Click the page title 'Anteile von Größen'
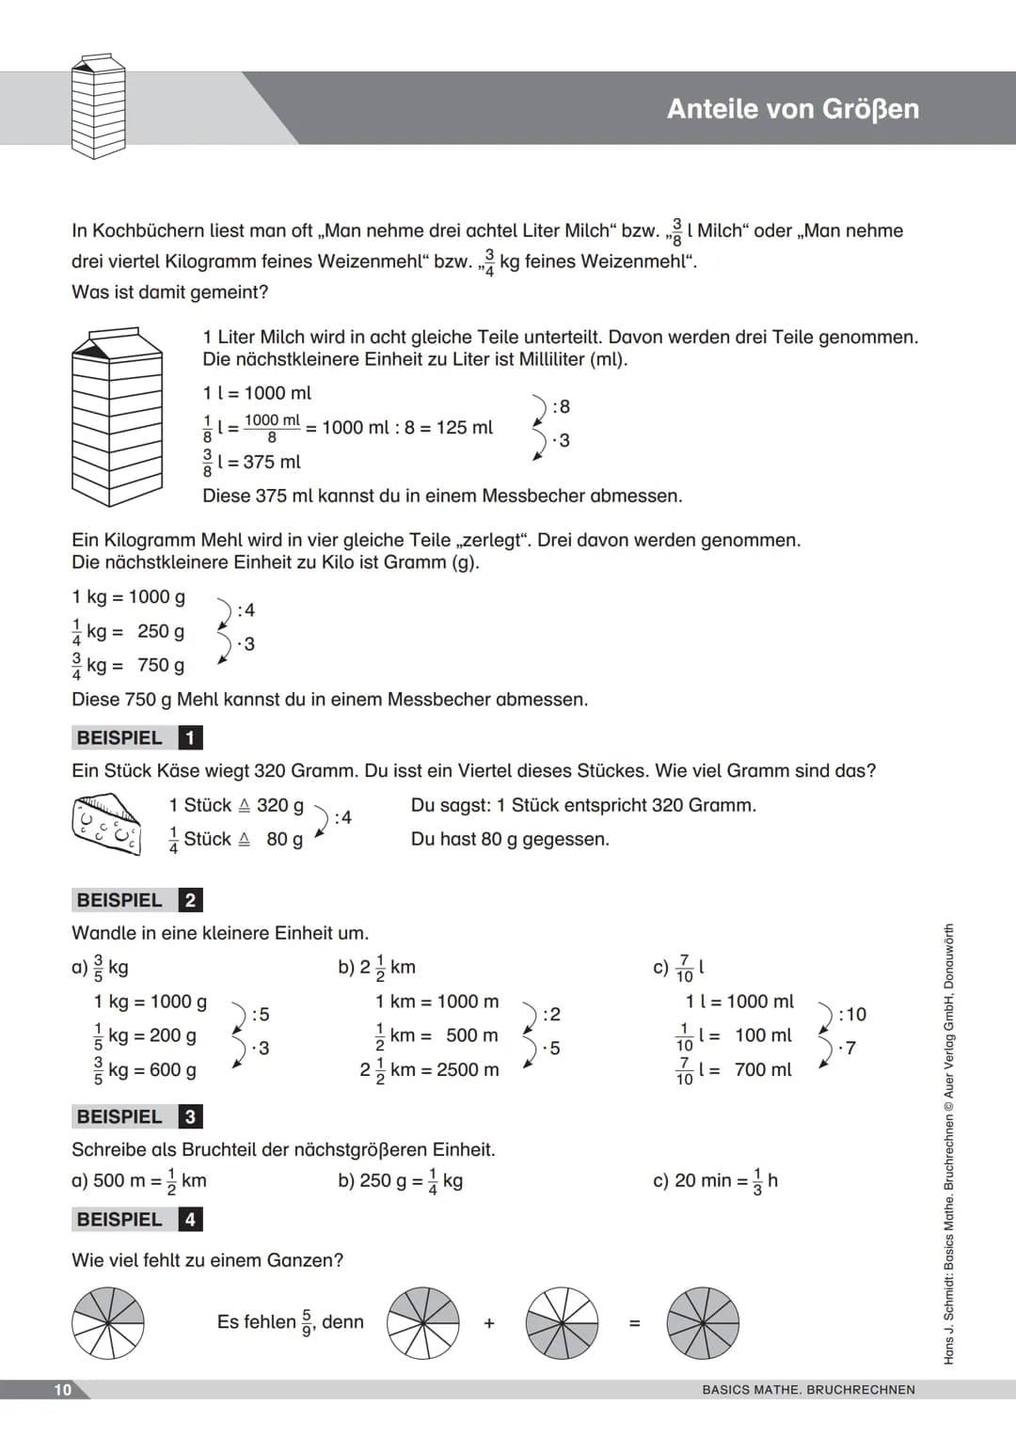(792, 109)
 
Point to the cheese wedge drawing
(106, 823)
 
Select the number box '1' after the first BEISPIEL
(190, 738)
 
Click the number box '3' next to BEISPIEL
(190, 1117)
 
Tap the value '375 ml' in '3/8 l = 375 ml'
(272, 462)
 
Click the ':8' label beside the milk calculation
(561, 406)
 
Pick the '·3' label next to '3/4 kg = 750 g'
(246, 644)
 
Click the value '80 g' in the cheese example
(284, 839)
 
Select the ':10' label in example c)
(852, 1014)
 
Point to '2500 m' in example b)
(468, 1069)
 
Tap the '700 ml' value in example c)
(763, 1069)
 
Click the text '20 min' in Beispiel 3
(703, 1180)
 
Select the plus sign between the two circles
(489, 1323)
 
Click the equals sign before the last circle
(634, 1323)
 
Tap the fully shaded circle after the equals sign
(703, 1323)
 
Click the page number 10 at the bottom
(63, 1390)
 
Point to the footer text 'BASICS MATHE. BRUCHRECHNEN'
(808, 1390)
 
